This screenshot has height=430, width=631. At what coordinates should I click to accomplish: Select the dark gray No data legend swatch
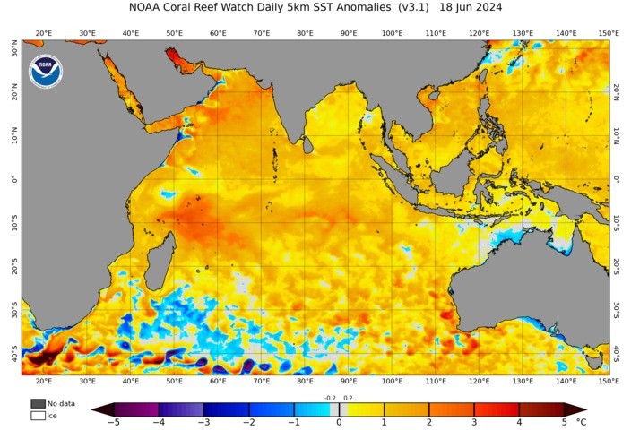click(x=38, y=403)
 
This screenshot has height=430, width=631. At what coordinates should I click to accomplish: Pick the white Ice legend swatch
click(x=38, y=415)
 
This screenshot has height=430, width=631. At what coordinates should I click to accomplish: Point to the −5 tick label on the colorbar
click(x=114, y=421)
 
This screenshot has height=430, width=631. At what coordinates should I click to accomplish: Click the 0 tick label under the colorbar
click(x=339, y=421)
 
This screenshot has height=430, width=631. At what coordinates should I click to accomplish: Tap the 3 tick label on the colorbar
click(x=474, y=421)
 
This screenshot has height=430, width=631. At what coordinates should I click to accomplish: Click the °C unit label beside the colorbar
click(x=582, y=420)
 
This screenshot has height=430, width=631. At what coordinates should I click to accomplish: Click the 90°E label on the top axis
click(x=348, y=33)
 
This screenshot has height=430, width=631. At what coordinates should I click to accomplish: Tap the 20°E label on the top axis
click(x=43, y=33)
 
